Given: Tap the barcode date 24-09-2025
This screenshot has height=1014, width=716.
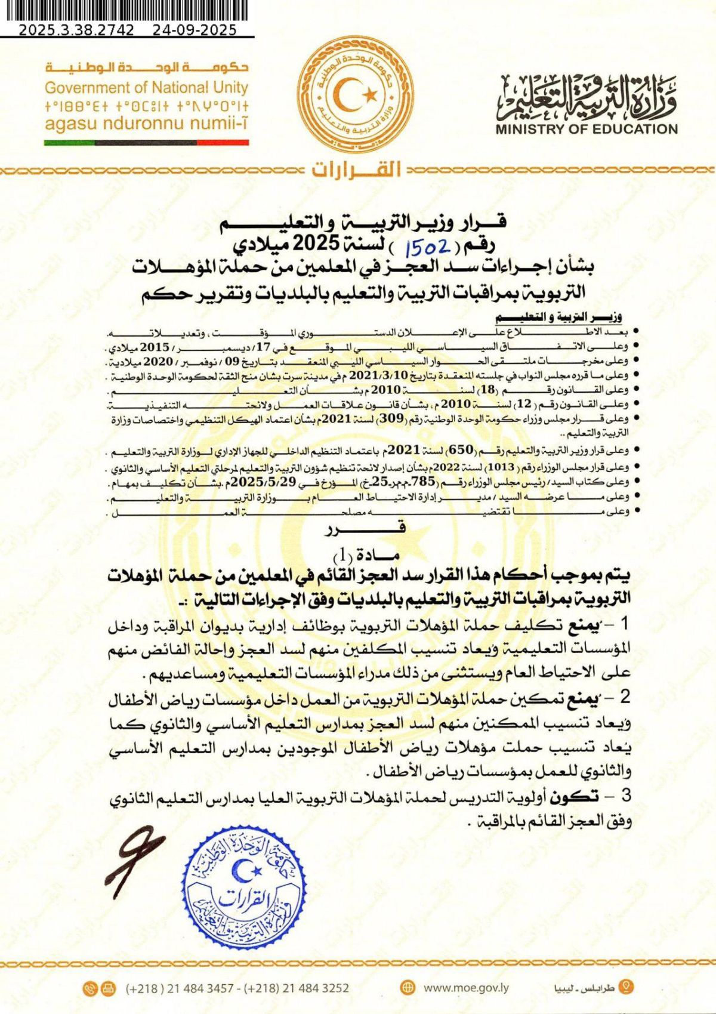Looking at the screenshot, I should pos(195,30).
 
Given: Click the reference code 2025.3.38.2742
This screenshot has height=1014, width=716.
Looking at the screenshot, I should pos(76,30).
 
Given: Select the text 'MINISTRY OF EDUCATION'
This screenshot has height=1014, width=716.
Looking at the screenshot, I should pos(587,129).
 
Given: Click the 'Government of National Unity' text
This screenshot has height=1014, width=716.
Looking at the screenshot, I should pos(146,88).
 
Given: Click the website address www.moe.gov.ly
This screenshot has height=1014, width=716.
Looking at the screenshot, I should pos(466,988).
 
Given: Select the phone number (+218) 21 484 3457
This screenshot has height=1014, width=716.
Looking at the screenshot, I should pos(180,988).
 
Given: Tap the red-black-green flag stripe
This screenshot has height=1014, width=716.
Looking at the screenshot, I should pos(146,143).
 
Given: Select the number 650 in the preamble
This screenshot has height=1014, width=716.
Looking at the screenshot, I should pos(461,449).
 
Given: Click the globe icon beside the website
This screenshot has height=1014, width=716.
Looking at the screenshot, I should pos(408,987).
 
